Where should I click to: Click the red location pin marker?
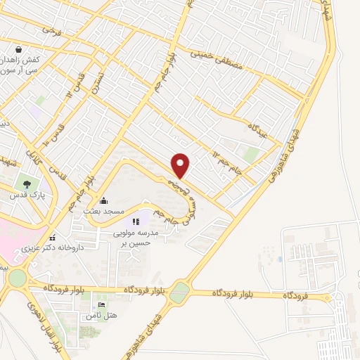(x=181, y=165)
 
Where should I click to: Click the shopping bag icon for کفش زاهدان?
(x=18, y=51)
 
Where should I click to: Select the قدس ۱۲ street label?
(x=78, y=84)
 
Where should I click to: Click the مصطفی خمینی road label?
(x=218, y=60)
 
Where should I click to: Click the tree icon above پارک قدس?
(x=26, y=184)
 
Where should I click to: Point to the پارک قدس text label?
(x=26, y=195)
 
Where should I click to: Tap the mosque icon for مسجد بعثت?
(x=104, y=200)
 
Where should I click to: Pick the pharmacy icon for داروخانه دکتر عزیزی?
(x=51, y=237)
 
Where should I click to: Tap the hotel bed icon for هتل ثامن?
(x=103, y=305)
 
